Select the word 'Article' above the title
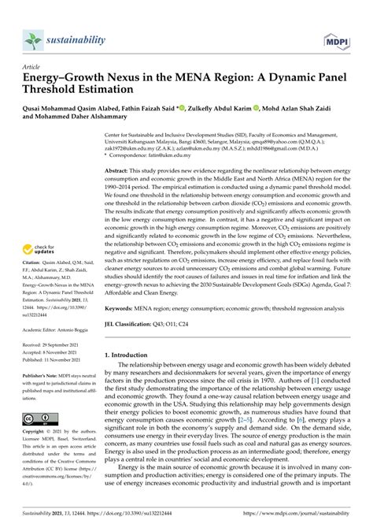pyautogui.click(x=32, y=69)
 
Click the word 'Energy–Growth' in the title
pyautogui.click(x=65, y=80)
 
